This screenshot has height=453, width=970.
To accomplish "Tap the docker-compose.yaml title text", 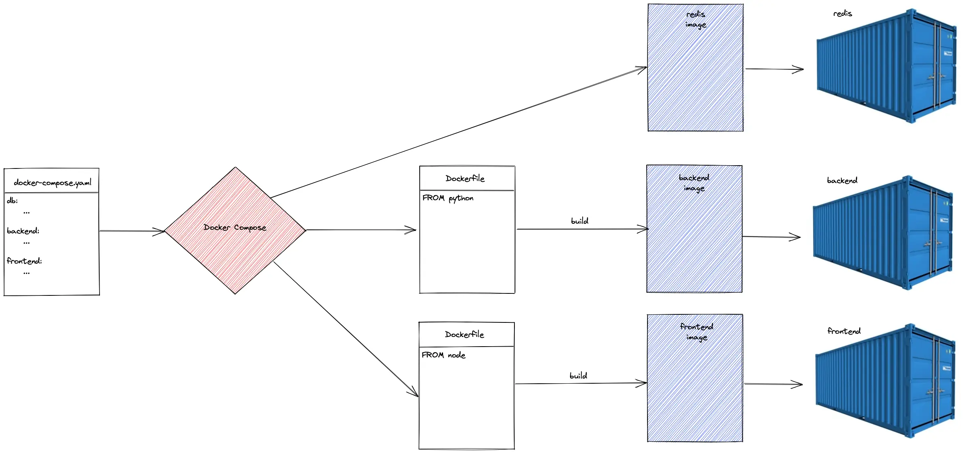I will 52,183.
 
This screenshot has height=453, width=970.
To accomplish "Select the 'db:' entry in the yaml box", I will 12,200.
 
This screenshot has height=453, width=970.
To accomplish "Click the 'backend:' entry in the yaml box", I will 23,231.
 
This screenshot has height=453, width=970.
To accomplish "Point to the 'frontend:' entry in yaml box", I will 24,261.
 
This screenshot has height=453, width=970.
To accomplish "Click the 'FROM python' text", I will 448,198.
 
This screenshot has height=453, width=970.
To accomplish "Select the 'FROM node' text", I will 443,355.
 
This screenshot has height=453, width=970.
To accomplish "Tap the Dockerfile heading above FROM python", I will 465,179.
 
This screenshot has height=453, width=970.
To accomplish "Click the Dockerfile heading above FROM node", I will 464,335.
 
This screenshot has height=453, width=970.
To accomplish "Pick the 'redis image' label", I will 695,19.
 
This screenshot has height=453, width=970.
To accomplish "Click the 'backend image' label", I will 694,183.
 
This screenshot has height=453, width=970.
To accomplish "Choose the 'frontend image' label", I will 696,332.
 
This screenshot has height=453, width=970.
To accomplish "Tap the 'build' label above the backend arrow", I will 579,221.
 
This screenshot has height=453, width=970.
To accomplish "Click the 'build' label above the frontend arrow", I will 578,376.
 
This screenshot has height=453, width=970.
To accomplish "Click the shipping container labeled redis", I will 887,66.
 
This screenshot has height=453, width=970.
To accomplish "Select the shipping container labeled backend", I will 883,234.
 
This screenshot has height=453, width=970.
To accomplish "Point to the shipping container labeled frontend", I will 885,381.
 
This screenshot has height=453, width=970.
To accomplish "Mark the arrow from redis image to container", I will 774,69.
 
